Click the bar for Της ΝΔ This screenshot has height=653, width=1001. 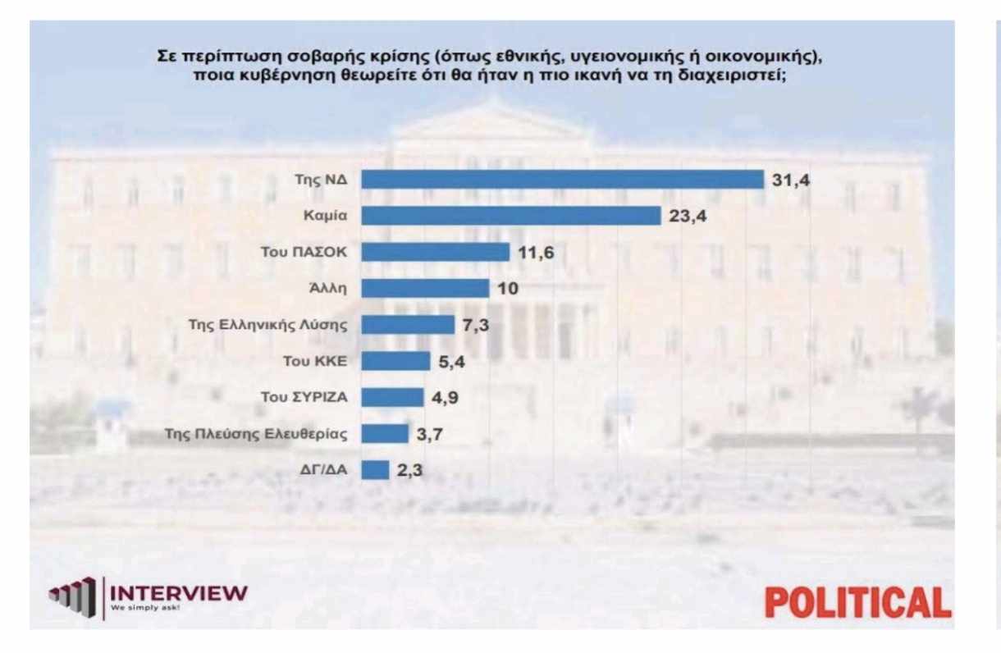(x=563, y=180)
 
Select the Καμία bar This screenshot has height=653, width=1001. (x=511, y=216)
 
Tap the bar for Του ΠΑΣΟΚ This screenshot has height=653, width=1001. (x=436, y=252)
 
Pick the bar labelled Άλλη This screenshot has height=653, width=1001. (x=425, y=288)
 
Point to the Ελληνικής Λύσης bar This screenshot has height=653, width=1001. (x=408, y=324)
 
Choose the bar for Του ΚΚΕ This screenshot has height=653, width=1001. (x=395, y=360)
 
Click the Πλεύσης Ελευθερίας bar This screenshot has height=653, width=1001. (x=385, y=433)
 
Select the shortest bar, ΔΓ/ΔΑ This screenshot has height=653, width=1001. (x=375, y=469)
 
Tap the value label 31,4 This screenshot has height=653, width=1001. (x=791, y=180)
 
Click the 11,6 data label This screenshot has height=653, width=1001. (x=536, y=253)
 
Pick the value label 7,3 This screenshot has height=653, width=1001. (x=475, y=325)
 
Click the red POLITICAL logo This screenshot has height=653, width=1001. (x=857, y=602)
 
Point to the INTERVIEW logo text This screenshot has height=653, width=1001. (x=178, y=592)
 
